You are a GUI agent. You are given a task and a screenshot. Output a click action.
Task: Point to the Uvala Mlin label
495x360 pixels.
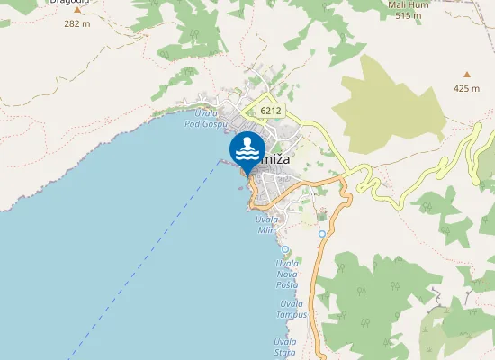(x=266, y=225)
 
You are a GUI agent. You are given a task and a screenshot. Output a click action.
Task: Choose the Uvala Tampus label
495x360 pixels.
(x=292, y=309)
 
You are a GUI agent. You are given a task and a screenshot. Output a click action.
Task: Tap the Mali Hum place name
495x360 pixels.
(x=405, y=4)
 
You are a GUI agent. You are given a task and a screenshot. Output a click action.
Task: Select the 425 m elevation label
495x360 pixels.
(x=466, y=88)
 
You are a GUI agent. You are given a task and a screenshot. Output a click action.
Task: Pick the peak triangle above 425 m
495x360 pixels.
(x=466, y=75)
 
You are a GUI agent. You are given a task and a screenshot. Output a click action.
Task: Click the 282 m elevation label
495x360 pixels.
(x=77, y=24)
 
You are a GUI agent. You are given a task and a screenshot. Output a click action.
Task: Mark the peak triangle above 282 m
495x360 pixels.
(x=77, y=11)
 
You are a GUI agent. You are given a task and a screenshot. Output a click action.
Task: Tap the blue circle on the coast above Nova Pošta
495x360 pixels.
(x=285, y=249)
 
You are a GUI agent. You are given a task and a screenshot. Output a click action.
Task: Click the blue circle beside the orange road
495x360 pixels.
(x=322, y=234)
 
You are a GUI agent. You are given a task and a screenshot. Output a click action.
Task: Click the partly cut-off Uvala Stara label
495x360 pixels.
(x=285, y=347)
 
